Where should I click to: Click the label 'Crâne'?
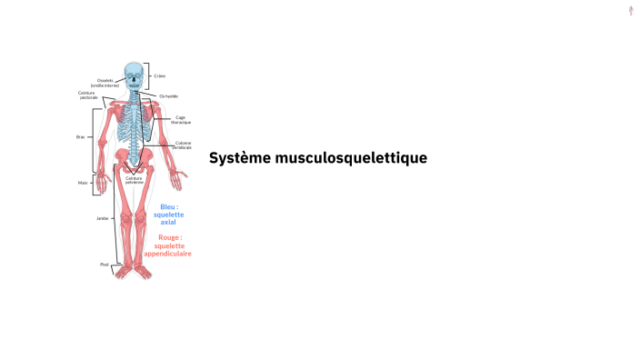point(160,75)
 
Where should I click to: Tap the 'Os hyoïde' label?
point(168,95)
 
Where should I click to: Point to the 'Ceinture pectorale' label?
point(88,95)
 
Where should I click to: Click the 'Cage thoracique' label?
point(182,119)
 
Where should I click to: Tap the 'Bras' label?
point(80,137)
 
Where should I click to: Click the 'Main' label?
point(82,182)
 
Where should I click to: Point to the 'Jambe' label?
point(103,218)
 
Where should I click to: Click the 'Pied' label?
point(104,264)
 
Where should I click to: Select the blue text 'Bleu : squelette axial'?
point(169,214)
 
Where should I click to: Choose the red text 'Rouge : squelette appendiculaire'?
point(168,245)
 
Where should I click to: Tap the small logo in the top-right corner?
point(631,10)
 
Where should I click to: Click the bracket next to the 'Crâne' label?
point(150,75)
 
